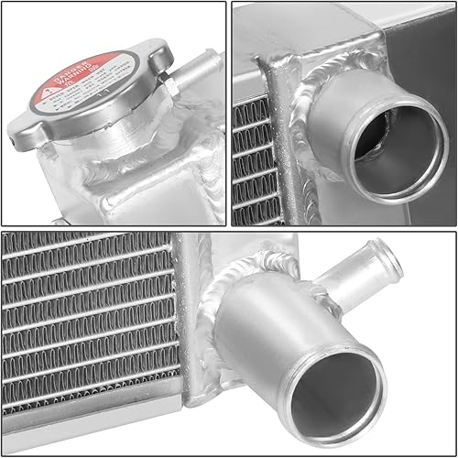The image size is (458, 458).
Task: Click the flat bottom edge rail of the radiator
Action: coord(92,441)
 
